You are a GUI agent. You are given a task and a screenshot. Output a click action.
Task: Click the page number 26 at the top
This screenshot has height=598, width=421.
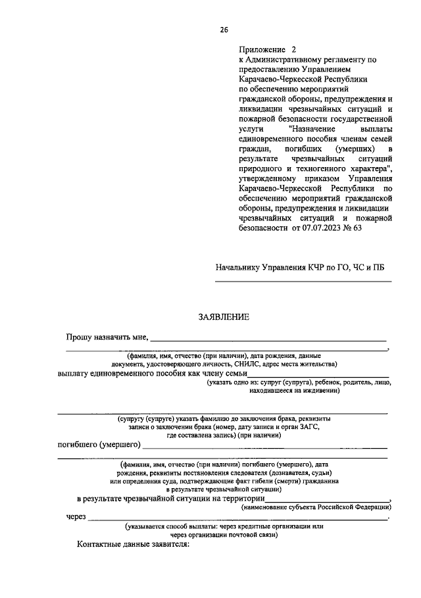point(224,30)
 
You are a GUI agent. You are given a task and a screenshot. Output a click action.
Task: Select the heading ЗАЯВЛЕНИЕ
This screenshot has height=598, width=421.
point(224,317)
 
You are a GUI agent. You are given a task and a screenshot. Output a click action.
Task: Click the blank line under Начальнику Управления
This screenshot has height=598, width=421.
point(303,282)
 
